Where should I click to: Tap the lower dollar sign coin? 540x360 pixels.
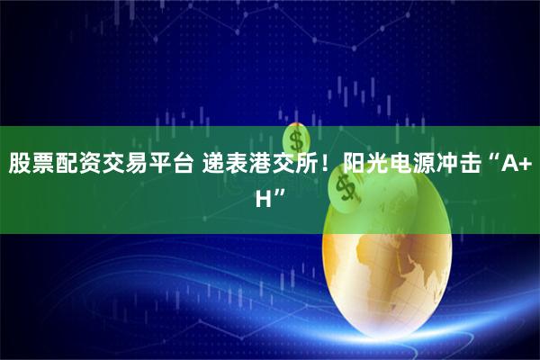pos(343,187)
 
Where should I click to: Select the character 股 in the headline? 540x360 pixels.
pos(20,164)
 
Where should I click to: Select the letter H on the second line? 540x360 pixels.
pos(264,195)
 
